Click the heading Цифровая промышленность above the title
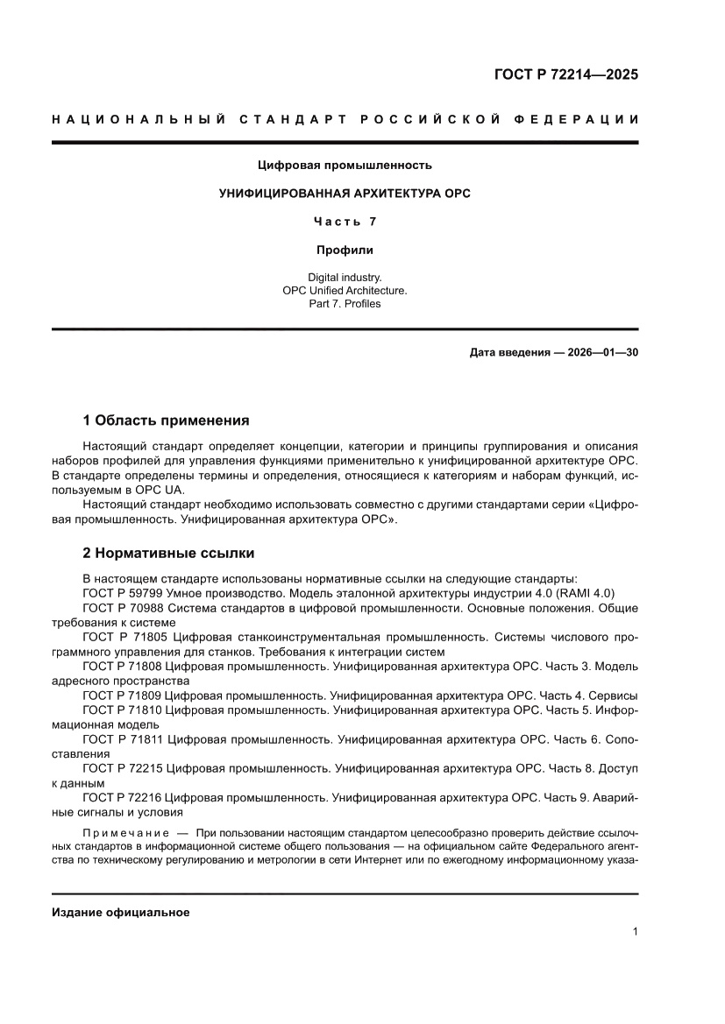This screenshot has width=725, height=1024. click(345, 165)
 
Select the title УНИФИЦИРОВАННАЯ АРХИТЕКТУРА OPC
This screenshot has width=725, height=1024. click(345, 194)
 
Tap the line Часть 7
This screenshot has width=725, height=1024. click(345, 222)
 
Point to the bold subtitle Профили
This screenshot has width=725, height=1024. click(345, 250)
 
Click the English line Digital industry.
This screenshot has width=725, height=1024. click(345, 277)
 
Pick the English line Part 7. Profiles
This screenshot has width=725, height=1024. click(345, 304)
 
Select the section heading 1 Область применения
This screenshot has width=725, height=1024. click(166, 420)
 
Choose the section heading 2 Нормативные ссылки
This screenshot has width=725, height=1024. click(168, 553)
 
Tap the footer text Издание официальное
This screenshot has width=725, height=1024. click(121, 912)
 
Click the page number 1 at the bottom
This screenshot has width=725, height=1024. click(634, 932)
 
